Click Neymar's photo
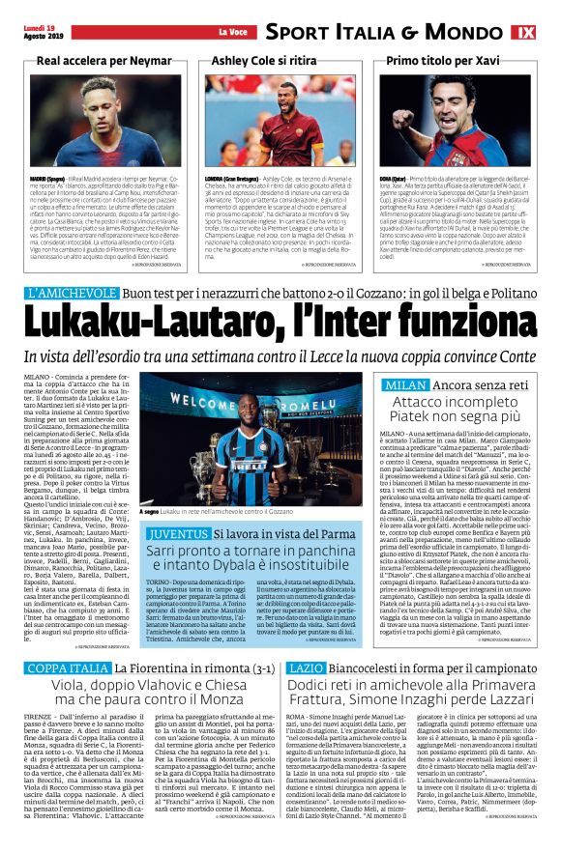(98, 121)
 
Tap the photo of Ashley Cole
(278, 121)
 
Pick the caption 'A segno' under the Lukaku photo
(151, 512)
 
